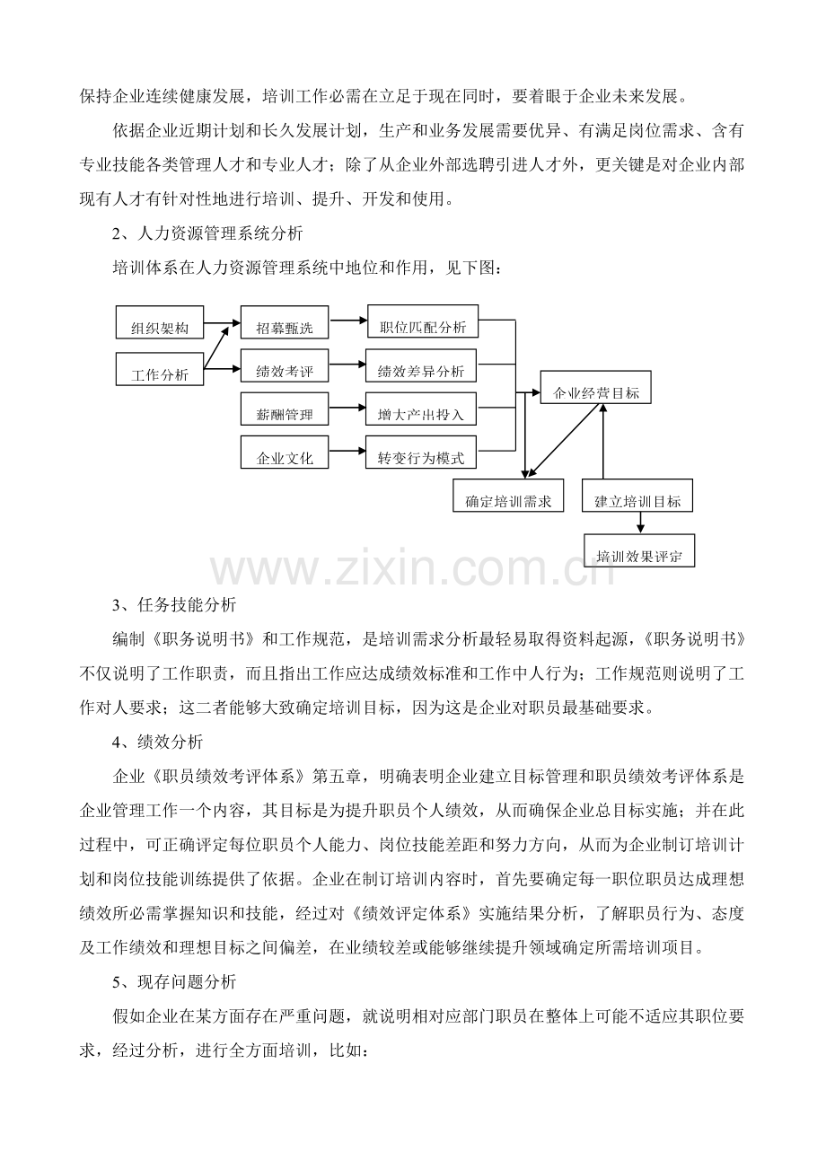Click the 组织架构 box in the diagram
(x=160, y=322)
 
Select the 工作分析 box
(x=160, y=369)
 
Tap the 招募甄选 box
(x=285, y=322)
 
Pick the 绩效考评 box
(x=285, y=365)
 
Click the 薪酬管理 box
(x=285, y=409)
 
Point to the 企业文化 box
(x=285, y=452)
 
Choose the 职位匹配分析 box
(x=423, y=321)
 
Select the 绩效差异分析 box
(x=421, y=365)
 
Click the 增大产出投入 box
(x=421, y=409)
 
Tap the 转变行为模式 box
(x=421, y=452)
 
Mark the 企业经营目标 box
(x=595, y=387)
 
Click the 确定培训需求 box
(x=508, y=496)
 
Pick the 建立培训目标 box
(x=637, y=496)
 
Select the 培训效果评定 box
(x=639, y=550)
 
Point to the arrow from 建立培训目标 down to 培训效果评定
(x=641, y=523)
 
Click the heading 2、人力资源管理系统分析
(x=207, y=233)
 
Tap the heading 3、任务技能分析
(x=175, y=605)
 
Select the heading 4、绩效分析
(x=158, y=742)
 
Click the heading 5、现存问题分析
(x=175, y=981)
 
